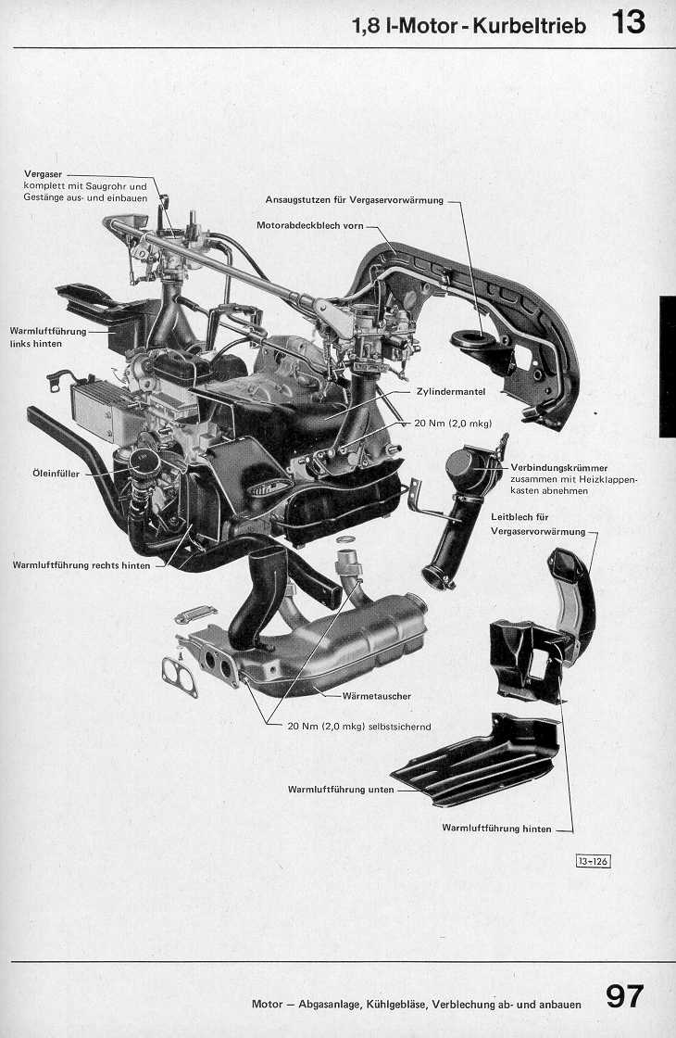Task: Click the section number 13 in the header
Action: pyautogui.click(x=628, y=21)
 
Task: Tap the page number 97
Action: pyautogui.click(x=625, y=996)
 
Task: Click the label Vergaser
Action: pyautogui.click(x=44, y=174)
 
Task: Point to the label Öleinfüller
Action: pyautogui.click(x=54, y=474)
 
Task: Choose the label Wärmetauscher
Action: pyautogui.click(x=376, y=695)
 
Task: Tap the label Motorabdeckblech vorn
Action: pyautogui.click(x=310, y=225)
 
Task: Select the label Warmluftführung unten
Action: pyautogui.click(x=341, y=790)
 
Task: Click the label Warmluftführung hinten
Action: pyautogui.click(x=496, y=828)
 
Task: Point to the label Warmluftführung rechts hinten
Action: pyautogui.click(x=81, y=564)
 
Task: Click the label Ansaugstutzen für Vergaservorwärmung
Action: pyautogui.click(x=355, y=199)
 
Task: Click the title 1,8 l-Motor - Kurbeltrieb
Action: pyautogui.click(x=469, y=26)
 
